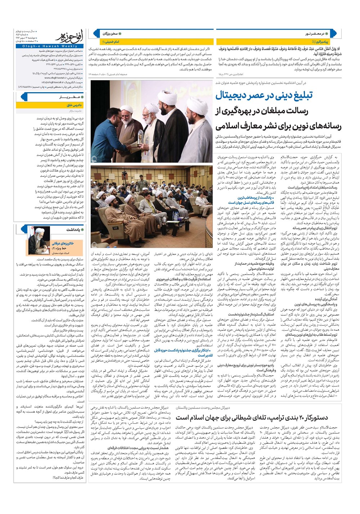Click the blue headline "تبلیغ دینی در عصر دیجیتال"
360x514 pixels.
pos(264,96)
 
